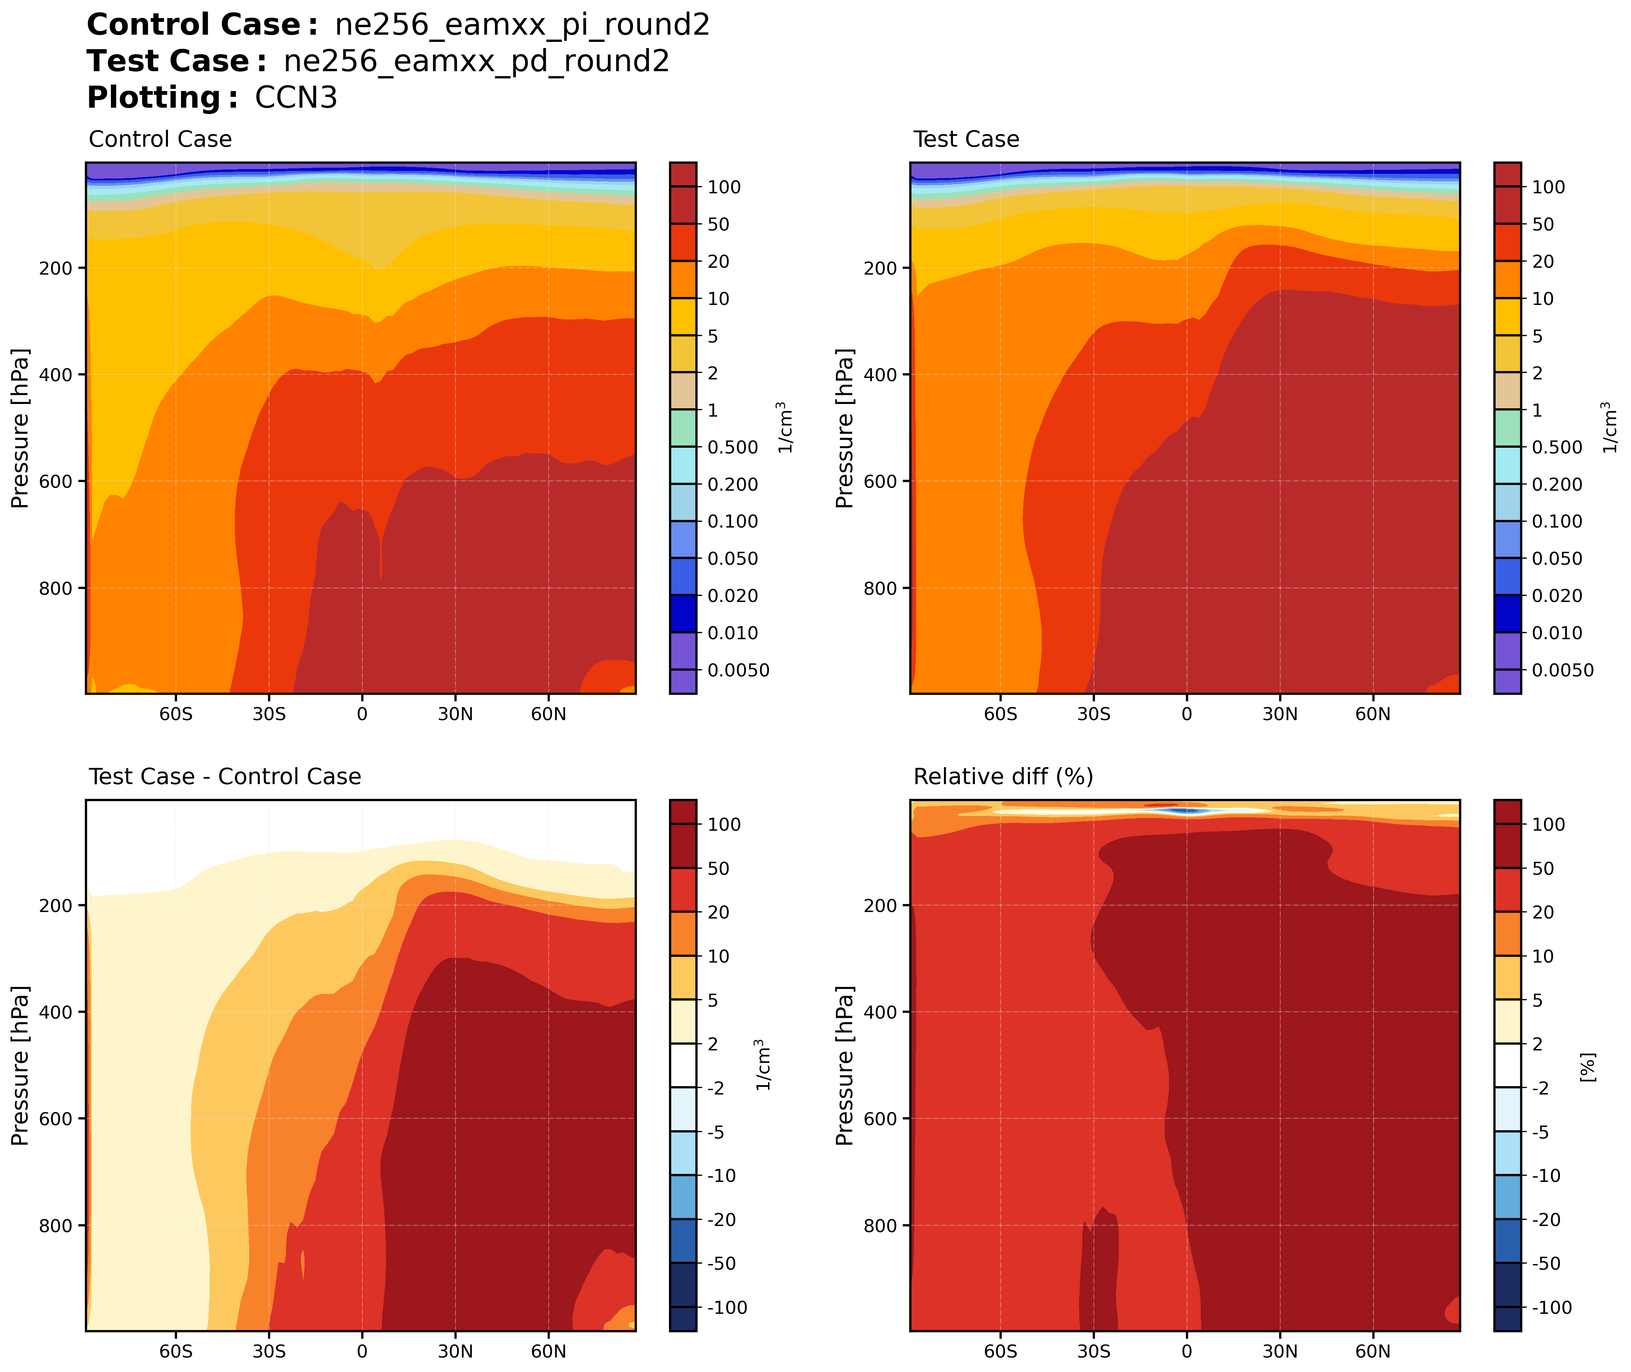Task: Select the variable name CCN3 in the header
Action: click(296, 98)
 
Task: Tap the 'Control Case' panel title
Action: click(160, 139)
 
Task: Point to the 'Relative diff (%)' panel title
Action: click(1003, 777)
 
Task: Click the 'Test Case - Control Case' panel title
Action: click(225, 777)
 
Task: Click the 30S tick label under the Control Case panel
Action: click(269, 714)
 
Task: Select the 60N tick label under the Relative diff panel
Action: click(1373, 1352)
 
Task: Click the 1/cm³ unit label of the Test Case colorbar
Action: click(1610, 428)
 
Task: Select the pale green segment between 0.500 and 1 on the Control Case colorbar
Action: click(682, 429)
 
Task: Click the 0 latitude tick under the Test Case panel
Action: click(1186, 714)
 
